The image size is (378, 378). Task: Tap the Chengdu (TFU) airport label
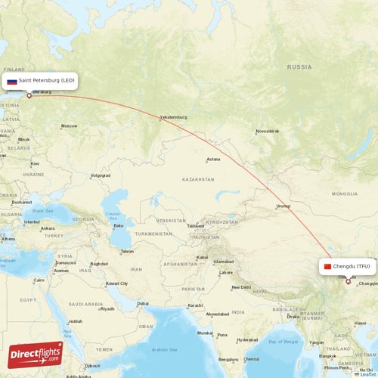[x=347, y=266]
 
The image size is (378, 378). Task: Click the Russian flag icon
[x=12, y=81]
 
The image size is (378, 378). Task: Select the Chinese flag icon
[x=327, y=266]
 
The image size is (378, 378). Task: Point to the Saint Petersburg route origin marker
[x=29, y=95]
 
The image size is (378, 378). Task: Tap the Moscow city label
[x=69, y=125]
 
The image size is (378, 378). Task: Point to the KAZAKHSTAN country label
[x=197, y=179]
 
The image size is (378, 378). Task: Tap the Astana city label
[x=213, y=159]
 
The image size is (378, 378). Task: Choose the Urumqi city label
[x=283, y=206]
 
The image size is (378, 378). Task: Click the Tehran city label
[x=127, y=251]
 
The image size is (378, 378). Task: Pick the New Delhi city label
[x=241, y=287]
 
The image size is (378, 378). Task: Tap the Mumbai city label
[x=204, y=333]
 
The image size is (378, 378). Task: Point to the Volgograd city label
[x=100, y=175]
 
